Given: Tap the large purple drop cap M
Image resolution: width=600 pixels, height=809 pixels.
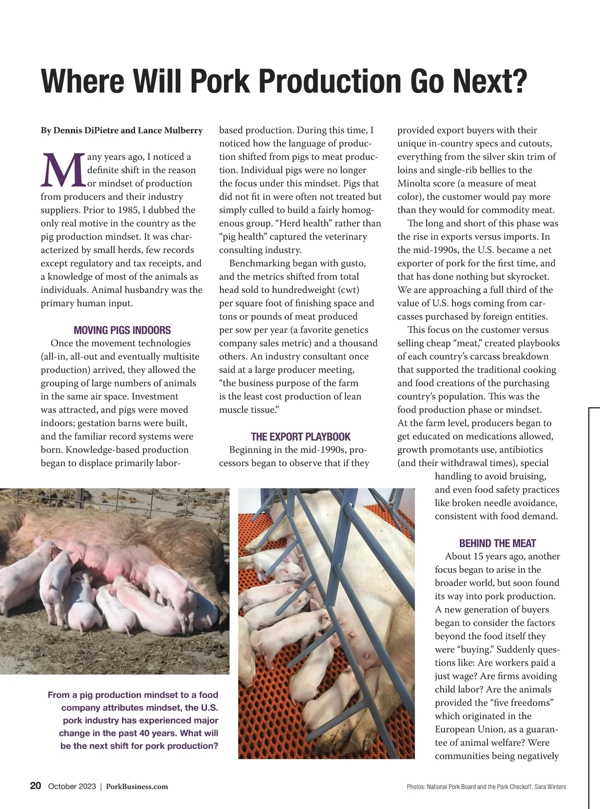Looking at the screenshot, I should coord(63,169).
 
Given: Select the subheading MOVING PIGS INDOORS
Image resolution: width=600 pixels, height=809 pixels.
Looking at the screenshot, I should coord(122,330).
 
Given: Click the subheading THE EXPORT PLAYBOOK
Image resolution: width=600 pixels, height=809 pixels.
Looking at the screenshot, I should coord(300,436).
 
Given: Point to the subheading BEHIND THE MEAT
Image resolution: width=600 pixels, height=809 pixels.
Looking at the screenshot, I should coord(497,543).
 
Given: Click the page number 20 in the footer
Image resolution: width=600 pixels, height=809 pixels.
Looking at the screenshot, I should coord(35,785).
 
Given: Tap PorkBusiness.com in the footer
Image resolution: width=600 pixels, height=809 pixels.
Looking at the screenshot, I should coord(137,786).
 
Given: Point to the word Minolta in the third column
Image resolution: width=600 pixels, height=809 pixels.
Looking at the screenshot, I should coord(414,183).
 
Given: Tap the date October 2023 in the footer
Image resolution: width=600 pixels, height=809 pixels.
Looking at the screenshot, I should coord(71,786).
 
